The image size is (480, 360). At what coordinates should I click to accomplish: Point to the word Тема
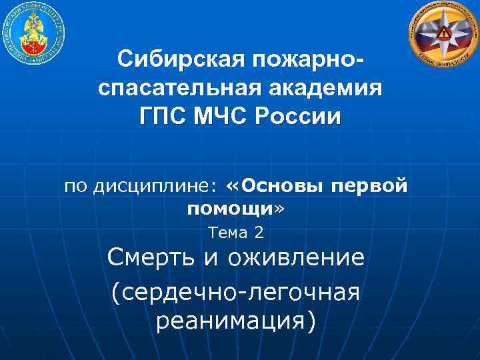(228, 233)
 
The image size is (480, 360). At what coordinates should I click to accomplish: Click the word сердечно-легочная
(237, 291)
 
